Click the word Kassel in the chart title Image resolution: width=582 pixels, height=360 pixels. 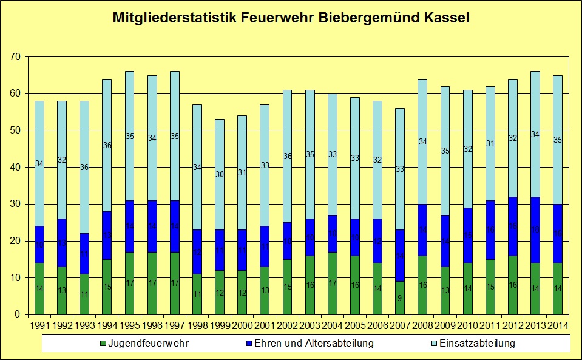(444, 18)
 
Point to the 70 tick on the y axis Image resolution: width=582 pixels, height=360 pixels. (15, 57)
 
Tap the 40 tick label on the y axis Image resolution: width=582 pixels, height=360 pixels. (15, 168)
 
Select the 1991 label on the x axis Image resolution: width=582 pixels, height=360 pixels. (39, 327)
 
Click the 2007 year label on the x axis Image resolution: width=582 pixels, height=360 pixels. (399, 327)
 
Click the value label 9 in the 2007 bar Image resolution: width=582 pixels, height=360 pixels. (399, 298)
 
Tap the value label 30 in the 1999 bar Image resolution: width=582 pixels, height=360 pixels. (219, 174)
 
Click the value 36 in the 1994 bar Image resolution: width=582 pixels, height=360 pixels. (107, 145)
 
